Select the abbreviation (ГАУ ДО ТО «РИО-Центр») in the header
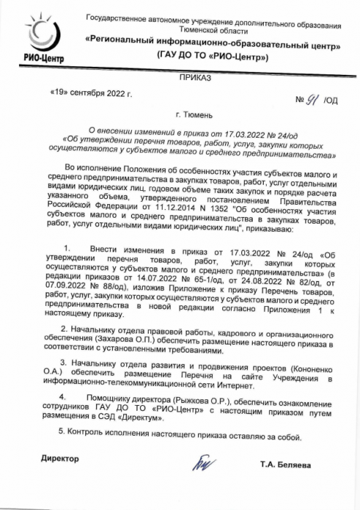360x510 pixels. [212, 56]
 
